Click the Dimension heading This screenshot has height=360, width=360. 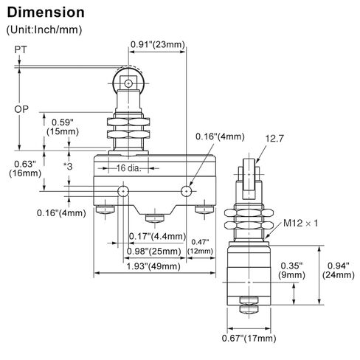tap(46, 13)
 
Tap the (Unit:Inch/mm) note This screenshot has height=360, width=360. tap(44, 30)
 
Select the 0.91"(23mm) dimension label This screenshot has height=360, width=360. tap(158, 44)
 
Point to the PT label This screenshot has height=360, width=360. tap(21, 49)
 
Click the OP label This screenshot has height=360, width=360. tap(21, 109)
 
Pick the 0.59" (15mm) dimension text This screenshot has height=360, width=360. tap(63, 127)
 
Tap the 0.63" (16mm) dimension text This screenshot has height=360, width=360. tap(25, 169)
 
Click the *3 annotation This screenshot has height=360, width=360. tap(69, 167)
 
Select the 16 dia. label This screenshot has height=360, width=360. tap(128, 168)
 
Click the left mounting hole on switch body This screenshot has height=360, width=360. tap(123, 191)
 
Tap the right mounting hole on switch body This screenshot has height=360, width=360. tap(187, 191)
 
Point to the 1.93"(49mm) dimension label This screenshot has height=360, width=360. tap(153, 266)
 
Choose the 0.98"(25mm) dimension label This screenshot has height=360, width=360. tap(154, 252)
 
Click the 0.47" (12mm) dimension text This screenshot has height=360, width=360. tap(200, 246)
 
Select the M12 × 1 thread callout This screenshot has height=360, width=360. tap(300, 223)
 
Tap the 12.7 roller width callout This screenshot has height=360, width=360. tap(274, 139)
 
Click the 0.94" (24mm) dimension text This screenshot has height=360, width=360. tap(339, 270)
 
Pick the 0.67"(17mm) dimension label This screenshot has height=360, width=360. tap(249, 338)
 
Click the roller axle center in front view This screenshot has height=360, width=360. tap(128, 83)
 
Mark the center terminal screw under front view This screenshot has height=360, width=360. tap(154, 218)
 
